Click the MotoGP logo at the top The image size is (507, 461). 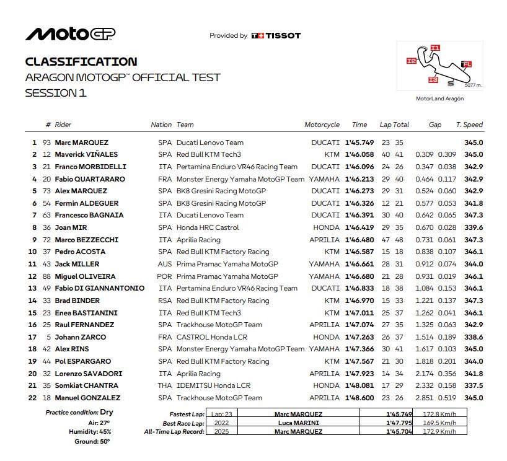70,34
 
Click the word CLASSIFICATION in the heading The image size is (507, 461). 81,62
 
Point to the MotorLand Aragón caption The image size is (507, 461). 440,99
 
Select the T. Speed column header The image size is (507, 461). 469,125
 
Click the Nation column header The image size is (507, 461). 161,125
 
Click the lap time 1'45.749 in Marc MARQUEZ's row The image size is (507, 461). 359,143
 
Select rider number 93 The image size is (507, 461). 46,143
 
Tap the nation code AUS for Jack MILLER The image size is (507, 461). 164,264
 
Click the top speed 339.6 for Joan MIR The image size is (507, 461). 474,227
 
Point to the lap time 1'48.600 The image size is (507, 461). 359,398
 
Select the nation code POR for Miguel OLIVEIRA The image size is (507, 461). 164,276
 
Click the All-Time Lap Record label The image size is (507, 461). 174,431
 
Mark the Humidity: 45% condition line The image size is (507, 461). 92,432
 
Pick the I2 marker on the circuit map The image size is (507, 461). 411,61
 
